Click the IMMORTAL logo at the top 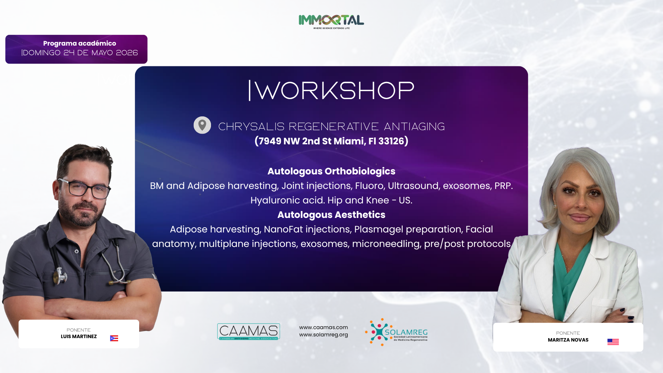(331, 22)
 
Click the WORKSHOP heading (331, 90)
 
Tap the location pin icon (202, 125)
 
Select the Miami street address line (331, 141)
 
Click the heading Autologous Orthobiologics (331, 171)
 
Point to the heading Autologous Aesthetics (331, 215)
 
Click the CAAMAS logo (249, 332)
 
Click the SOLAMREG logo (396, 332)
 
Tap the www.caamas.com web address (324, 327)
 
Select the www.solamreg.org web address (324, 335)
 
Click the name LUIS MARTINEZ (79, 337)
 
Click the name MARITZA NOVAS (568, 340)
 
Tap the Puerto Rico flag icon (114, 338)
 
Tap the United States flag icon (613, 342)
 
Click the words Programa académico (79, 44)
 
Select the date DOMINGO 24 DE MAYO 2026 (80, 53)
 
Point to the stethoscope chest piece (60, 276)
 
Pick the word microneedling (386, 244)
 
